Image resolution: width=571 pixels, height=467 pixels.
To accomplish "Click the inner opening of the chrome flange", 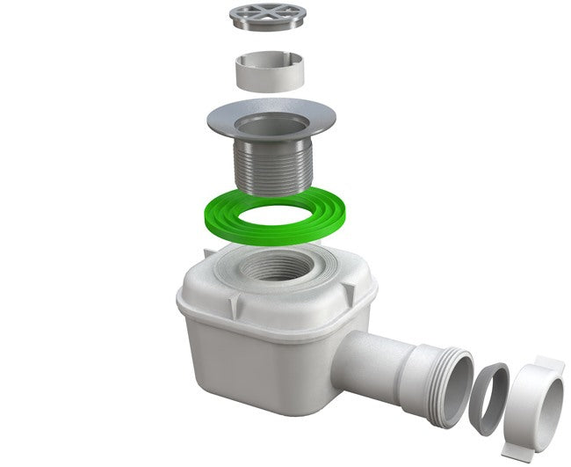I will pyautogui.click(x=271, y=118).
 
